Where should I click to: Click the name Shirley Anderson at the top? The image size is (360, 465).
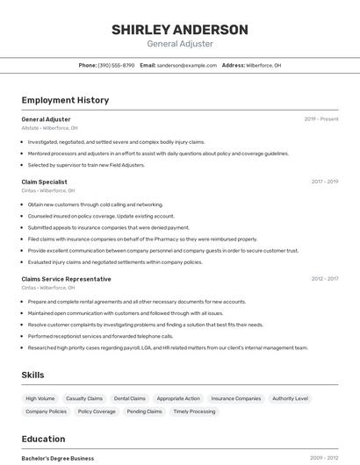coord(179,29)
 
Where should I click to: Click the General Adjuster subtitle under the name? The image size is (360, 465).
coord(179,44)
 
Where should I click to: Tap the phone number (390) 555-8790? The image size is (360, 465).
coord(116,65)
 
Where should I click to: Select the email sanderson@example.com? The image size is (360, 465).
coord(187,65)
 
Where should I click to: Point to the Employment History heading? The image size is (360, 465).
coord(65,100)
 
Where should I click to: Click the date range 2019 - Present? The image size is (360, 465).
coord(320,118)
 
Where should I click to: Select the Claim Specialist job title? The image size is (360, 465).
coord(44,182)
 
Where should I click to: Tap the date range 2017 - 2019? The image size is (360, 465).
coord(324,182)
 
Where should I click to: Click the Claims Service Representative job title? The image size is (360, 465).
coord(66,279)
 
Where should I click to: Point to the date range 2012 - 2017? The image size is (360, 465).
coord(324,279)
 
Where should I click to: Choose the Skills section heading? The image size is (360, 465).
coord(33,375)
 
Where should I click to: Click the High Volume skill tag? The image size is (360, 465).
coord(40,398)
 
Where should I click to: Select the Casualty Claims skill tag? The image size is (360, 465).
coord(84,398)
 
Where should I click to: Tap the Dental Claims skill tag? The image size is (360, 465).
coord(130,398)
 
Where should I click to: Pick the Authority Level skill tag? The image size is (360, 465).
coord(290,398)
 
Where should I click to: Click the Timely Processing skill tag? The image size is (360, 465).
coord(194,411)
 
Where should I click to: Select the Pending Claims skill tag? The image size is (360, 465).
coord(144,411)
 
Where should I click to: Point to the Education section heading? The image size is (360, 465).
coord(43,439)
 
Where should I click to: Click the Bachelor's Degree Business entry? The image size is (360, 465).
coord(58,458)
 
